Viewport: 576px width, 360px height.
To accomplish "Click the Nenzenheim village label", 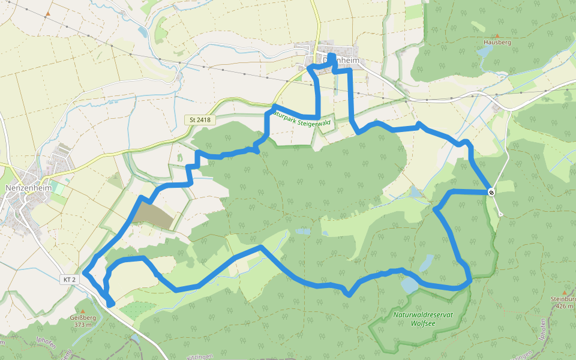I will tap(25, 187).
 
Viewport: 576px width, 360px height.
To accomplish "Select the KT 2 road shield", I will tap(70, 280).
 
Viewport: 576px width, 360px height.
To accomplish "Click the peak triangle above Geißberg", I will tap(83, 310).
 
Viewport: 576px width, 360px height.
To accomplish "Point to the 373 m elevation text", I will tap(83, 325).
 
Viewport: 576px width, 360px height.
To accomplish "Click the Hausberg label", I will tap(497, 43).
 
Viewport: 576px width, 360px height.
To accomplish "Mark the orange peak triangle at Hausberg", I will tap(497, 36).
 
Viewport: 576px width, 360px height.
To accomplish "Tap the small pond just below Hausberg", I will tap(484, 52).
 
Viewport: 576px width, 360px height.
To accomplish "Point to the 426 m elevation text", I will tap(563, 306).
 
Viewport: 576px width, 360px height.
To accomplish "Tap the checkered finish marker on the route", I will tap(491, 192).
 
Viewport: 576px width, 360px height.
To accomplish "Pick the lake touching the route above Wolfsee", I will tap(411, 284).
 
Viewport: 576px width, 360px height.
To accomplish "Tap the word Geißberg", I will tap(83, 318).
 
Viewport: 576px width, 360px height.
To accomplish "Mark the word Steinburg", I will tap(563, 299).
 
